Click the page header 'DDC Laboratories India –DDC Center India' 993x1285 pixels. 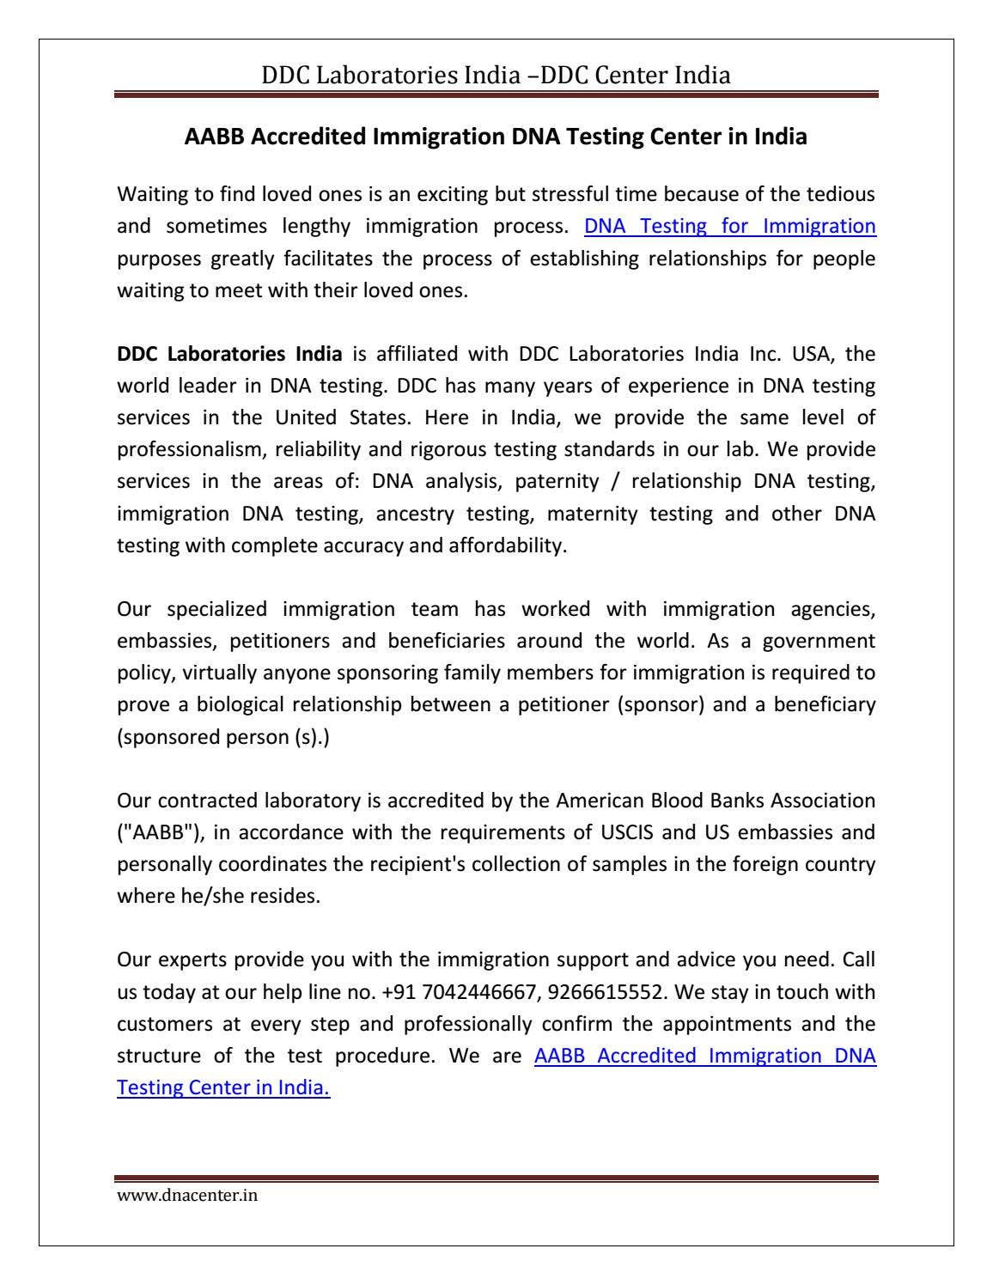click(x=496, y=76)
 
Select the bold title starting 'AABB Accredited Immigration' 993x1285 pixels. click(x=496, y=137)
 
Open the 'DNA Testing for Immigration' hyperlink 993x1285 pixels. click(x=729, y=227)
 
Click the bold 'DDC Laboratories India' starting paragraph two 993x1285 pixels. click(x=229, y=354)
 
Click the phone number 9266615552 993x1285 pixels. click(x=605, y=992)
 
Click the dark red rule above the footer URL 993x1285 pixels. click(x=496, y=1178)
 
